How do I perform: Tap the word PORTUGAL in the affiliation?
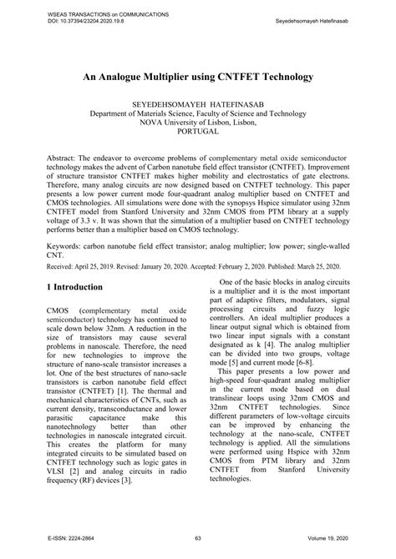197,144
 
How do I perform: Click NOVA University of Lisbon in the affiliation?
197,132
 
